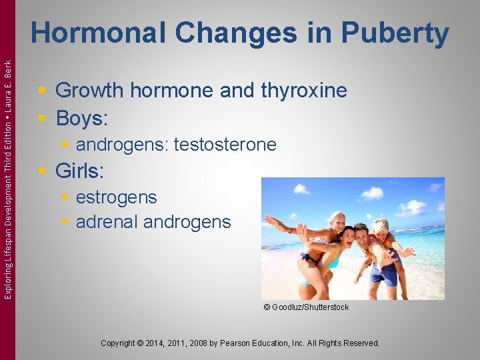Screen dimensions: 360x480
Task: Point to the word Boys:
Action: (82, 119)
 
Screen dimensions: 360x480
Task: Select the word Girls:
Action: (80, 171)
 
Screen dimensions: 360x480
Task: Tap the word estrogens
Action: (117, 197)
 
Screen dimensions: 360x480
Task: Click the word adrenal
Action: (107, 221)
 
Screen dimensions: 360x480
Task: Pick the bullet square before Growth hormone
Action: (42, 90)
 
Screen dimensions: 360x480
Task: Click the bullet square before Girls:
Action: (42, 171)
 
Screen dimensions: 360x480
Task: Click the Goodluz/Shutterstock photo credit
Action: (306, 307)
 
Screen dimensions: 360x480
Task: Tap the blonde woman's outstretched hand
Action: (269, 220)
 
